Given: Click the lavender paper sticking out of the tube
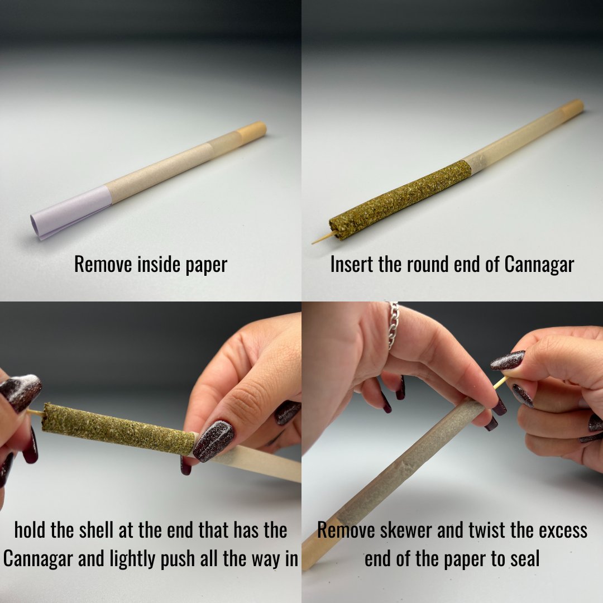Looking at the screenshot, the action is (71, 212).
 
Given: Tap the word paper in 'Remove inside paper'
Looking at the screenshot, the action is (207, 265).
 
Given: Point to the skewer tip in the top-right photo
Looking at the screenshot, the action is (313, 243).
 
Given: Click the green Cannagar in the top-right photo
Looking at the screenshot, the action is (400, 200).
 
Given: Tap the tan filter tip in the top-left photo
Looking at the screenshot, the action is (251, 132).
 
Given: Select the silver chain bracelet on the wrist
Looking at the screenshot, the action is (393, 325).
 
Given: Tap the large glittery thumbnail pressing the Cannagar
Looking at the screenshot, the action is (213, 441).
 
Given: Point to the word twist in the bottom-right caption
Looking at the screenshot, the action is (486, 530).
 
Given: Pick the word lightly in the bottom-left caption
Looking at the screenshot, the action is (133, 559).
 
